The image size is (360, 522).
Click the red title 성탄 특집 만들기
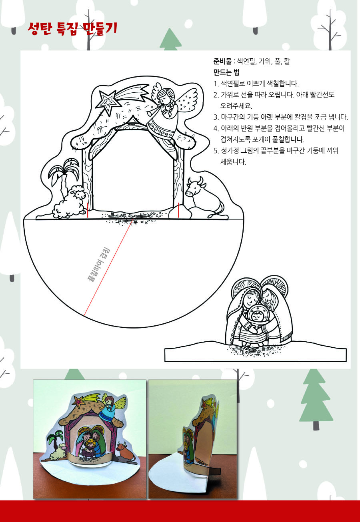coord(72,29)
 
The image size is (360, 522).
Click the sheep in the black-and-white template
coord(69,201)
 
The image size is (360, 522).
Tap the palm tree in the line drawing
coord(64,177)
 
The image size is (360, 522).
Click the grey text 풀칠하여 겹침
coord(99,266)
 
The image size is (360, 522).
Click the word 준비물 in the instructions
coord(222,62)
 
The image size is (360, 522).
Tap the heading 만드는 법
coord(226,72)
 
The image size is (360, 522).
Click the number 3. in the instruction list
coord(216,117)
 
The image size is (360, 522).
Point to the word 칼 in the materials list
coord(287,62)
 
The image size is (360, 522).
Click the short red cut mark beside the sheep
coord(88,210)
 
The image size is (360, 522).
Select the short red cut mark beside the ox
coord(178,210)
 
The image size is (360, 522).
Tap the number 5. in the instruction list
coord(216,151)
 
